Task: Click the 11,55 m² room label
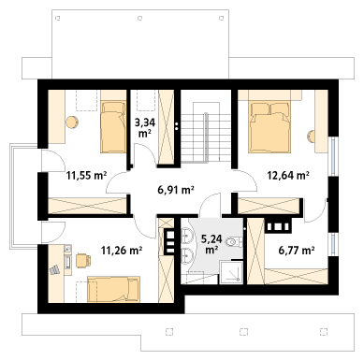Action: [x=86, y=176]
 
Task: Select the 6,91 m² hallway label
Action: [x=176, y=189]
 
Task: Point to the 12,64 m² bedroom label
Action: [x=288, y=175]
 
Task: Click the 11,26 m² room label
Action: [x=122, y=250]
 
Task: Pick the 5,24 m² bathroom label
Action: [x=211, y=244]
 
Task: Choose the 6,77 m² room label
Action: [x=296, y=250]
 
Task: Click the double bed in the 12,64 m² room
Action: [x=269, y=127]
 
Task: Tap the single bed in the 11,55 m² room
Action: [x=112, y=127]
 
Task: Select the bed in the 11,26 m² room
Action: [x=113, y=289]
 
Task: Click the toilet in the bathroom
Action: [x=235, y=241]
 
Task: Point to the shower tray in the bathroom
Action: [x=231, y=272]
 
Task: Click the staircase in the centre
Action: [x=206, y=132]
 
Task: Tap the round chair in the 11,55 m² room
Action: [x=72, y=122]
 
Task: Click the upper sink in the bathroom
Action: [x=187, y=236]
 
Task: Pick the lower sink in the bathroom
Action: [x=187, y=256]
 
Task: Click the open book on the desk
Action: [x=54, y=269]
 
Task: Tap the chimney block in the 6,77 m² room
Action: [x=279, y=225]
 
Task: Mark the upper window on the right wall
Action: [x=334, y=156]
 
